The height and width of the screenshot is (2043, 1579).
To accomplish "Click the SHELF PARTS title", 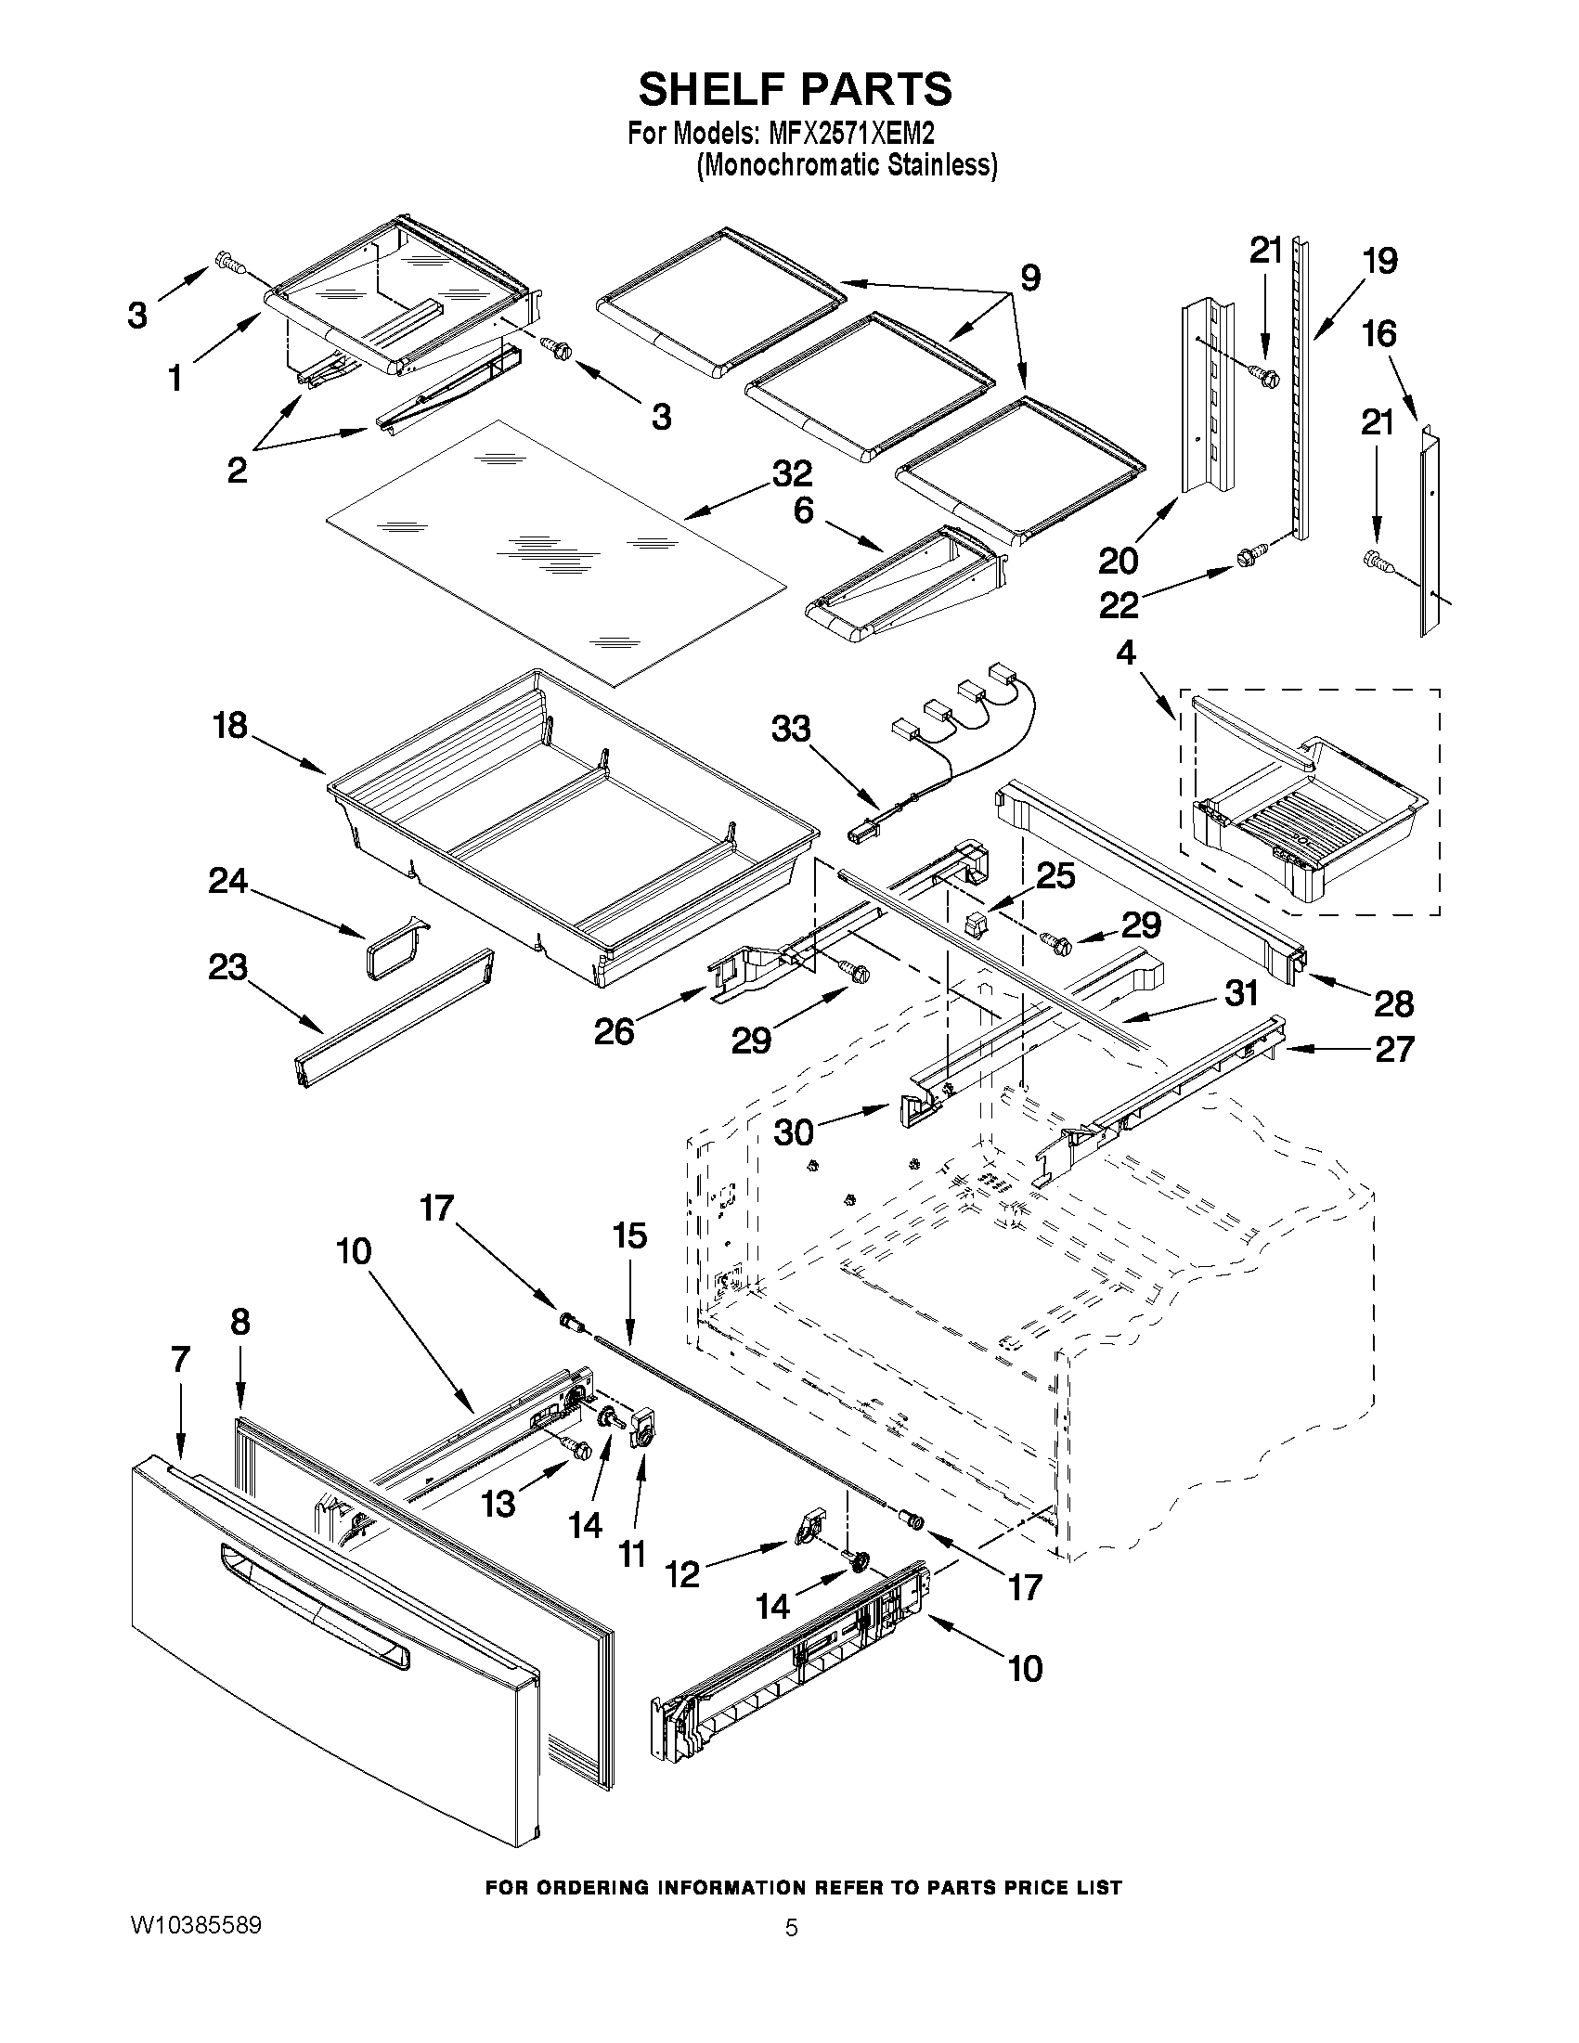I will point(795,89).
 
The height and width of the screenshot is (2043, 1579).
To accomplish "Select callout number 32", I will point(792,473).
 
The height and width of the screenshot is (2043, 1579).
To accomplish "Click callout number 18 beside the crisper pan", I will point(230,725).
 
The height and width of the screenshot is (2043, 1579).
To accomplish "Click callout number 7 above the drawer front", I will point(180,1358).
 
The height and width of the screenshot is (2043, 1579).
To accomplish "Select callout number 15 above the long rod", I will point(629,1235).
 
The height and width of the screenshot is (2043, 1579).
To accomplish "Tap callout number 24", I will point(227,880).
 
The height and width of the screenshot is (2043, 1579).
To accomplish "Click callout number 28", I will point(1392,1003).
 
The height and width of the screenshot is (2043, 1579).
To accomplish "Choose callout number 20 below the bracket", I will point(1118,562).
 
